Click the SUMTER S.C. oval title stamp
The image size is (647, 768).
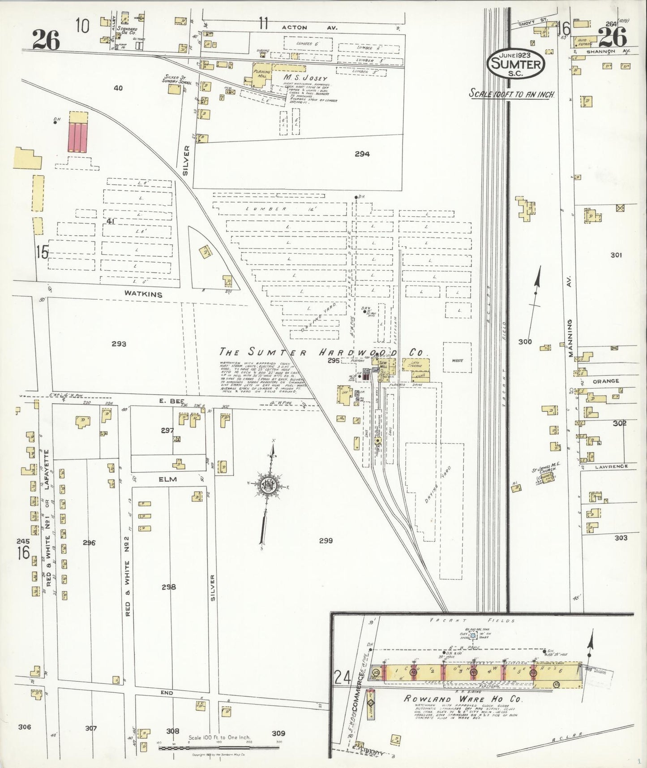click(x=517, y=63)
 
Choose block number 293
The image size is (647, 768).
click(x=119, y=344)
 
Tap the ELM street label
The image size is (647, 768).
click(x=167, y=479)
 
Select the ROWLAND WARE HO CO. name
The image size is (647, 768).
click(x=463, y=699)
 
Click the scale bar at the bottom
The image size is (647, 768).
click(x=219, y=748)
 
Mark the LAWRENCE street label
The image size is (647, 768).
click(x=611, y=466)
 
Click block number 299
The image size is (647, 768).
click(x=326, y=541)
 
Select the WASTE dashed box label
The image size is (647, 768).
click(x=457, y=360)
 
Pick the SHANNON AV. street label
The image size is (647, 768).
click(x=613, y=51)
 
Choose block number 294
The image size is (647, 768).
click(x=362, y=154)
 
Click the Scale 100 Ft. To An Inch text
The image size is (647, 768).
click(x=512, y=95)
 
